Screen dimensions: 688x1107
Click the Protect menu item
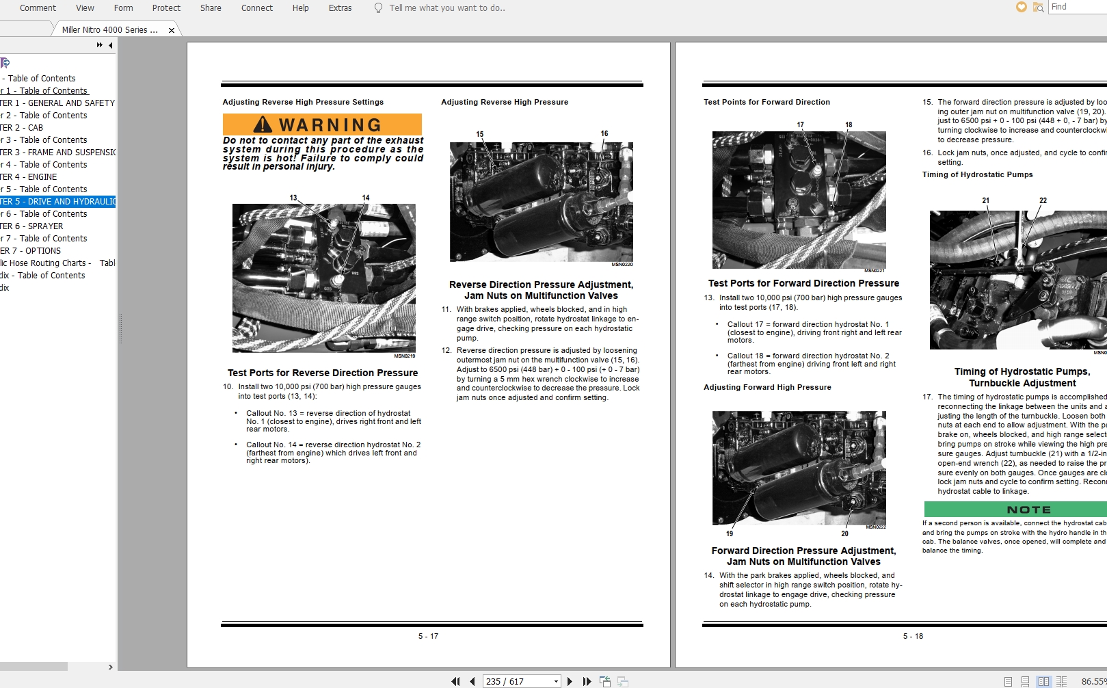point(166,8)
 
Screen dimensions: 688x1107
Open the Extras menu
point(340,8)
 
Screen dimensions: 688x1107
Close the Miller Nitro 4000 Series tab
point(172,30)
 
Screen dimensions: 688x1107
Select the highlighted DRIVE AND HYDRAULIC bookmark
point(58,202)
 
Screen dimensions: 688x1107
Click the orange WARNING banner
point(322,124)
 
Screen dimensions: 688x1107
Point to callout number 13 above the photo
point(293,198)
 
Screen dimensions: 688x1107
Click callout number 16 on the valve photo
point(604,134)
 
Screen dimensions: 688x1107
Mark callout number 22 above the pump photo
point(1043,200)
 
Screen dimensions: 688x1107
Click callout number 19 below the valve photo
point(730,533)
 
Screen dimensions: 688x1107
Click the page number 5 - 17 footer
point(428,636)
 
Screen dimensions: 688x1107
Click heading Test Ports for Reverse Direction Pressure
point(323,373)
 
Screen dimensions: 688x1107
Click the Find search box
point(1077,7)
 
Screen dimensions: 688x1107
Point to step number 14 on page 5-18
point(708,575)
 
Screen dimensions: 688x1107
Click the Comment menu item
point(38,8)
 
